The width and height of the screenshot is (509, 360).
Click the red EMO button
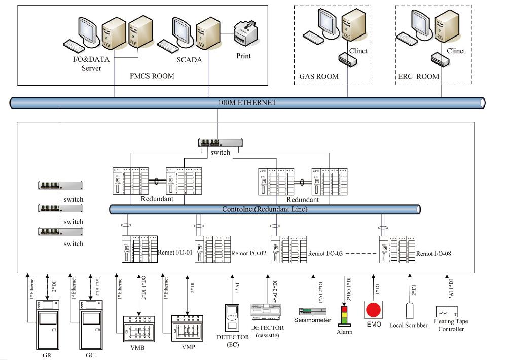click(x=373, y=309)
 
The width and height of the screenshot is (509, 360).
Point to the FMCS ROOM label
click(x=152, y=76)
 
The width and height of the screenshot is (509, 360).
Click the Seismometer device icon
click(x=312, y=310)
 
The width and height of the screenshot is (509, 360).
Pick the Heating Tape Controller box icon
click(x=447, y=312)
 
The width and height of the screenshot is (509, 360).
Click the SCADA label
click(x=189, y=60)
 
